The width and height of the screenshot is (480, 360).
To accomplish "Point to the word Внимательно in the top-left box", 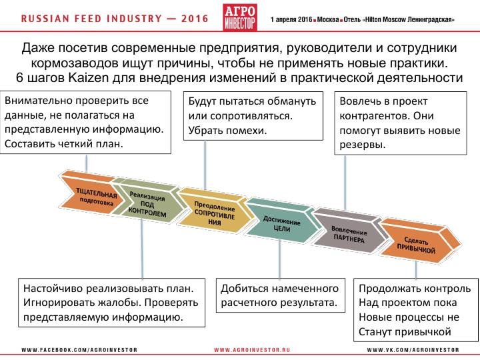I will (35, 101).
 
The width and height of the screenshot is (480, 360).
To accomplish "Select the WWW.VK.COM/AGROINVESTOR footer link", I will (413, 349).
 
